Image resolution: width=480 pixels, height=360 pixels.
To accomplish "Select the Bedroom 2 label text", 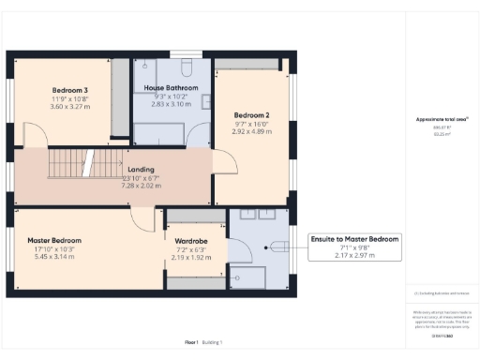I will tap(252, 115).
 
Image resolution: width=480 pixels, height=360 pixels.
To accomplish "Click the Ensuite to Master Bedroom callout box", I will tap(354, 247).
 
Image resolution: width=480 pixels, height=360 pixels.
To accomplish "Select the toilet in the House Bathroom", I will tap(185, 69).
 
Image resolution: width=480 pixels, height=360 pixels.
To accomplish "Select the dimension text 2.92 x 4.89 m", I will tap(252, 132).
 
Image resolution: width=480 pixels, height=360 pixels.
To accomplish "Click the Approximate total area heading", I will tap(441, 119).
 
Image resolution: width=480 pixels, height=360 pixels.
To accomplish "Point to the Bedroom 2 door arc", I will tap(200, 137).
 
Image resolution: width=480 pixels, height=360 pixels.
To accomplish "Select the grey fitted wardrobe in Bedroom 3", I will tap(120, 93).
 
